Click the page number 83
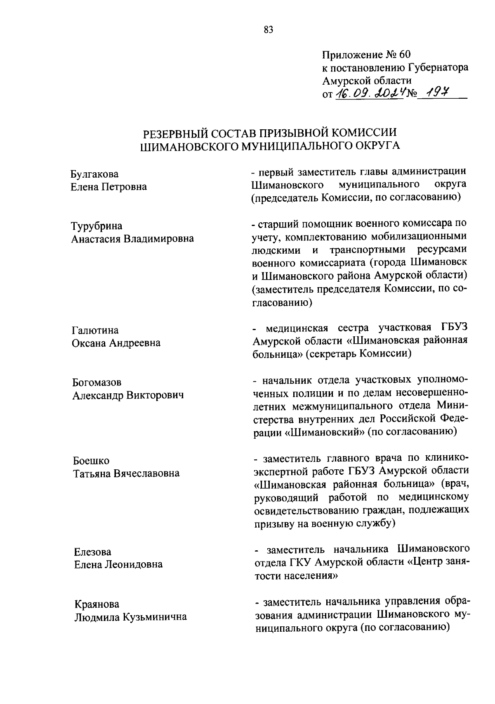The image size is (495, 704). pos(268,30)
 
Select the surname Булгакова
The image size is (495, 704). pos(94,174)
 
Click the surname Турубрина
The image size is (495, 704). pos(97,226)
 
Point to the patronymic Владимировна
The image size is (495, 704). pos(160,239)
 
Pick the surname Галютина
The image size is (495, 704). pos(95,331)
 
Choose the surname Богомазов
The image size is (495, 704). pos(97,383)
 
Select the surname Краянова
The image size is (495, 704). pos(97,604)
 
